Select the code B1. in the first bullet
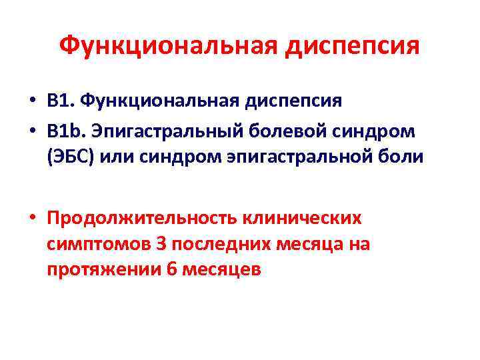click(x=61, y=101)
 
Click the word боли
click(x=400, y=157)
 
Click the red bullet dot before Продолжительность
click(x=32, y=219)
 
